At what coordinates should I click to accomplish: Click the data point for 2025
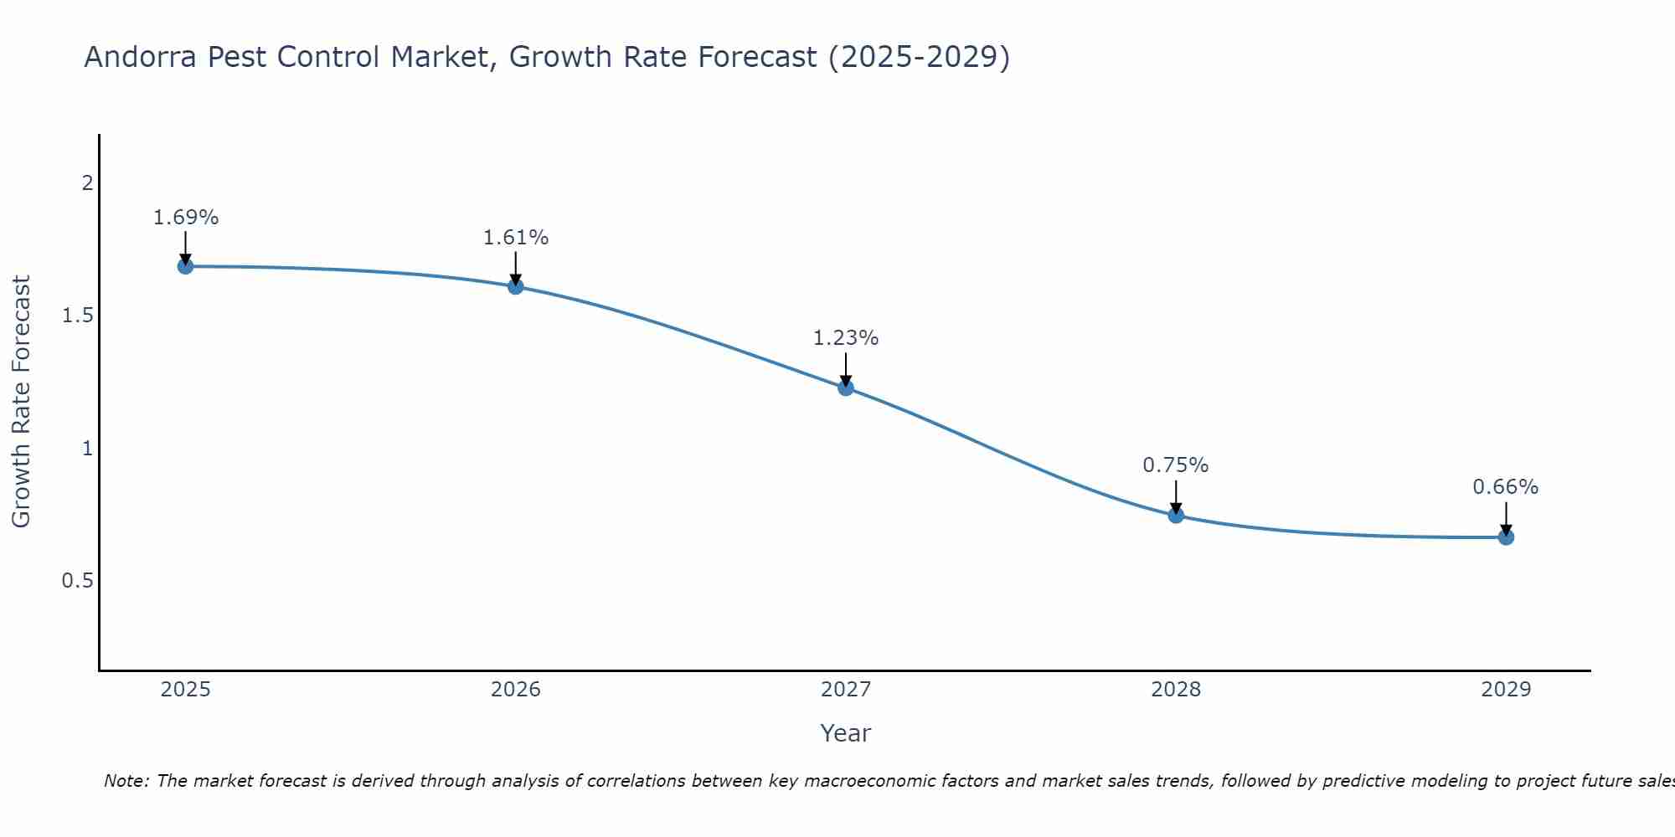[x=185, y=266]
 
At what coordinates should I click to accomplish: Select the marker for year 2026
[x=516, y=286]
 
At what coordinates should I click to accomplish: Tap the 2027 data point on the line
[x=846, y=388]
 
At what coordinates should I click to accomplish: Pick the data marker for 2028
[x=1176, y=515]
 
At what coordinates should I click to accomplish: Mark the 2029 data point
[x=1506, y=537]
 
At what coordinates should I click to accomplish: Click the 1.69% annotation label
[x=185, y=218]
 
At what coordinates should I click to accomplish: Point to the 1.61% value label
[x=516, y=238]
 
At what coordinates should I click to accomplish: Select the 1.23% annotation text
[x=846, y=338]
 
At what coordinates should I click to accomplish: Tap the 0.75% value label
[x=1176, y=465]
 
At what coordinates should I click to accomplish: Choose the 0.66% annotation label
[x=1506, y=487]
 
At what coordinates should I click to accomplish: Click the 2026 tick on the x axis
[x=516, y=690]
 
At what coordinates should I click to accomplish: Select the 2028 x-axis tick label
[x=1176, y=690]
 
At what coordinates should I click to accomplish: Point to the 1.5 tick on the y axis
[x=77, y=316]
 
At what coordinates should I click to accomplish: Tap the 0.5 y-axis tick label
[x=77, y=581]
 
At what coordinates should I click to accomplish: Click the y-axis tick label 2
[x=87, y=182]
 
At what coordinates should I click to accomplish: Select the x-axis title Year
[x=846, y=733]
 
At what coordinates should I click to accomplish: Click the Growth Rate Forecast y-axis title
[x=22, y=402]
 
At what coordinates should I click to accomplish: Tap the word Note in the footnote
[x=126, y=781]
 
